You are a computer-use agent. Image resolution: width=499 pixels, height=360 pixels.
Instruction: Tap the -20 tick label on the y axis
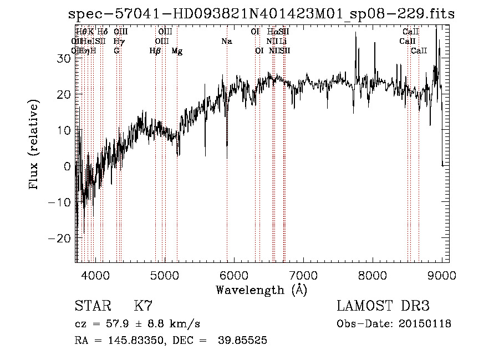tap(60, 237)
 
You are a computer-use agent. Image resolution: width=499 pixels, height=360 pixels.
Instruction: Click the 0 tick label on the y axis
tap(67, 166)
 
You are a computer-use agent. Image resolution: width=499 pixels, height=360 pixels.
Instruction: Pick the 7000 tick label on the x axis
tap(303, 275)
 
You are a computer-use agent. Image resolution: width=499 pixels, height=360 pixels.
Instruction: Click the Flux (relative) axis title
tap(34, 145)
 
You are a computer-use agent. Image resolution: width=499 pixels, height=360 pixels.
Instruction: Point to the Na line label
tap(226, 41)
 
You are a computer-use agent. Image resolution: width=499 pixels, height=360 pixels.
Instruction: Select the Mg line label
tap(177, 51)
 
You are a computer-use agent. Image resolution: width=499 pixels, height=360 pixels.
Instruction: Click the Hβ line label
tap(155, 51)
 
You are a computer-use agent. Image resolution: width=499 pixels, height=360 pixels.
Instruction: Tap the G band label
tap(116, 51)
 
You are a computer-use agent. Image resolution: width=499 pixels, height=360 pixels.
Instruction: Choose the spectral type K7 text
tap(143, 306)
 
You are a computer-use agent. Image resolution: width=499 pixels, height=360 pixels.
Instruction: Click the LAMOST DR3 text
tap(383, 306)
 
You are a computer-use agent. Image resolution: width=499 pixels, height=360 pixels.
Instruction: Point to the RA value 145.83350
tap(132, 341)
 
